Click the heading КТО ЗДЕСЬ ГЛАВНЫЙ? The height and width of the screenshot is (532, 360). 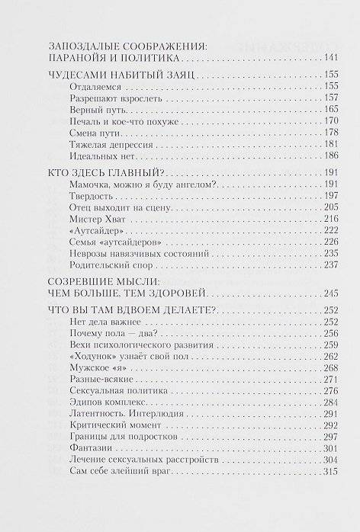tap(102, 171)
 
